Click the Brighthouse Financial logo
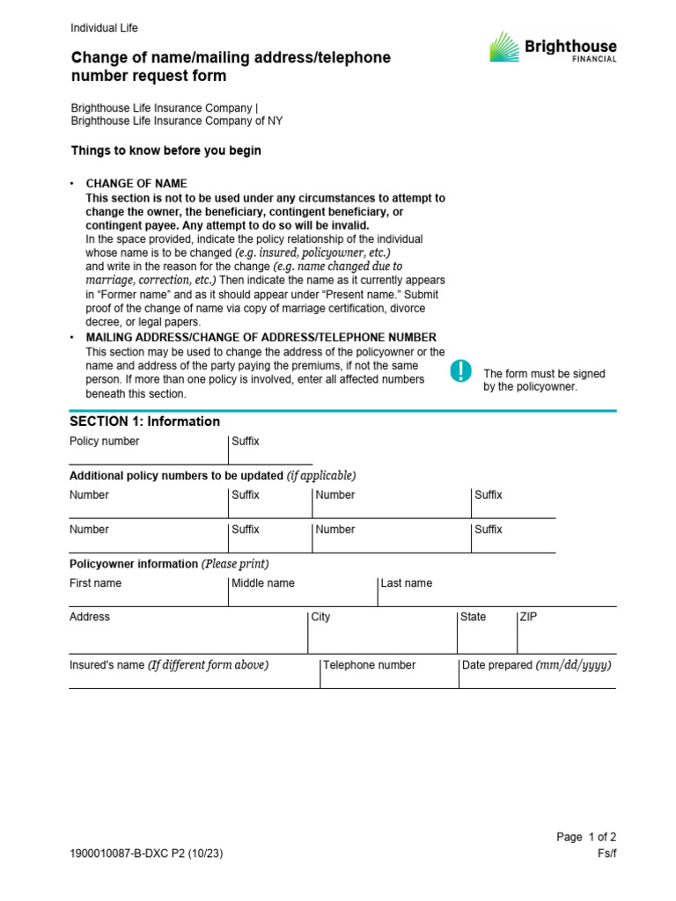click(553, 48)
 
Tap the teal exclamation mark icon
click(460, 371)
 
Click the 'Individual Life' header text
click(104, 28)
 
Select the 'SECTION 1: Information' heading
click(144, 421)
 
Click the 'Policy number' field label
click(104, 442)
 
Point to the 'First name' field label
click(95, 583)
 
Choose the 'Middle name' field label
click(263, 583)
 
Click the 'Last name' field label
click(406, 583)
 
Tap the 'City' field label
click(320, 618)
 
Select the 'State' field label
click(473, 618)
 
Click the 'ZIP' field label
click(528, 618)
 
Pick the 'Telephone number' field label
click(369, 665)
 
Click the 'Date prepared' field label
click(536, 665)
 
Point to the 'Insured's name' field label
click(169, 665)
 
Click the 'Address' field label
click(90, 618)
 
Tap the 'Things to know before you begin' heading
click(165, 150)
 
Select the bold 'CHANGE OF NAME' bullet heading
click(136, 184)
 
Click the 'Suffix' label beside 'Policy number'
click(246, 442)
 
